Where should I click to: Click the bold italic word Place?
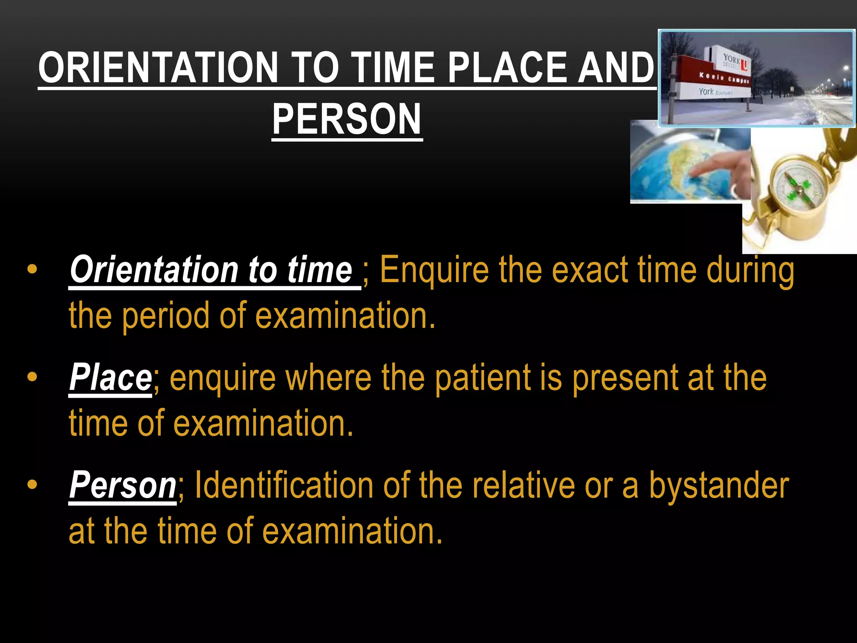pyautogui.click(x=110, y=378)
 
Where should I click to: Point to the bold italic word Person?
pyautogui.click(x=123, y=485)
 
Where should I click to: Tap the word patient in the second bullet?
pyautogui.click(x=482, y=378)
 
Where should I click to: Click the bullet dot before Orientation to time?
pyautogui.click(x=32, y=270)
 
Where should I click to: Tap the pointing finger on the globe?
pyautogui.click(x=716, y=165)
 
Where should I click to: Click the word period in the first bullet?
pyautogui.click(x=165, y=316)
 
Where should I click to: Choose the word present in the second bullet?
pyautogui.click(x=624, y=378)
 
